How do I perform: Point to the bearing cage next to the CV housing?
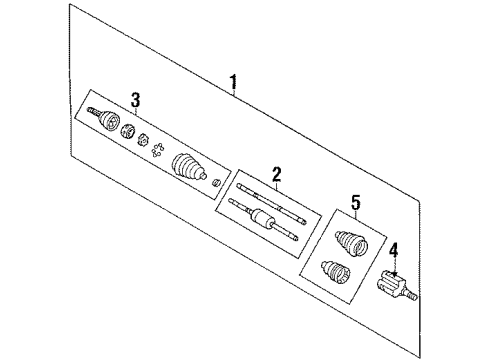coord(129,131)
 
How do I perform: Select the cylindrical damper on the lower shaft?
coord(265,218)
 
